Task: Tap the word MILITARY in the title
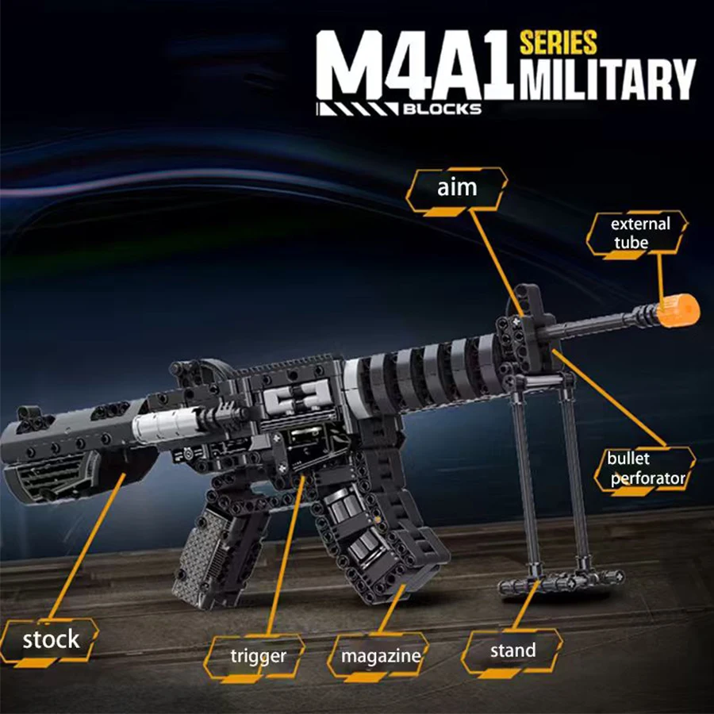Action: point(608,80)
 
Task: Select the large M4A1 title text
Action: point(413,67)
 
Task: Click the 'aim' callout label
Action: point(457,188)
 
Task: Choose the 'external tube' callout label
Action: point(639,233)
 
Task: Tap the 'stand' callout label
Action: point(512,651)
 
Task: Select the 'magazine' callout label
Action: point(381,657)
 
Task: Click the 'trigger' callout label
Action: point(257,656)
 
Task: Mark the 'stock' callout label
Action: point(51,639)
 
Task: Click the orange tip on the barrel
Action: point(678,309)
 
